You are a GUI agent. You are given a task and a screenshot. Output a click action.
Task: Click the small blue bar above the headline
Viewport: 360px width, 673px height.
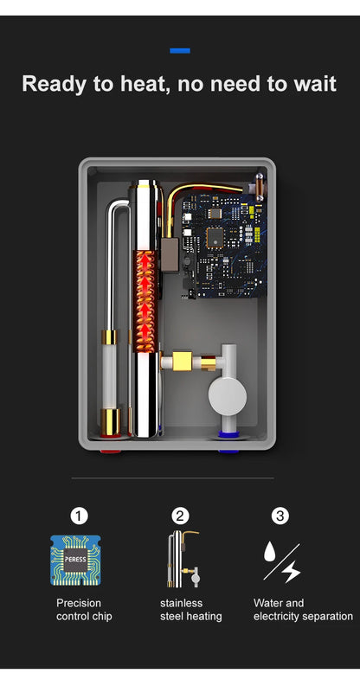pyautogui.click(x=180, y=50)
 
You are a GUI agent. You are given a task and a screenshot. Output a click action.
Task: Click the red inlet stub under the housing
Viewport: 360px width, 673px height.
pyautogui.click(x=110, y=450)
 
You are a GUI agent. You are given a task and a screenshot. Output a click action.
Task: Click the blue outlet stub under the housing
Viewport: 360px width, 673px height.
pyautogui.click(x=228, y=450)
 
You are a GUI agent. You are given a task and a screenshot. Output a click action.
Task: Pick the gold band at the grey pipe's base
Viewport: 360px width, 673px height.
pyautogui.click(x=111, y=421)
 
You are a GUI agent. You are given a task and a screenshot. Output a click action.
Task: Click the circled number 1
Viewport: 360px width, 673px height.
pyautogui.click(x=79, y=516)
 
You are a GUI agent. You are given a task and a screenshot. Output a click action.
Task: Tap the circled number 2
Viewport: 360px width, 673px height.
pyautogui.click(x=180, y=516)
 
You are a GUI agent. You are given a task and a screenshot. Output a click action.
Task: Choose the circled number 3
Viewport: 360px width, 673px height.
pyautogui.click(x=280, y=516)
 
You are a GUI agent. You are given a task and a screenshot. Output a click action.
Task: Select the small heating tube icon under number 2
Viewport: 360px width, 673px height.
pyautogui.click(x=179, y=560)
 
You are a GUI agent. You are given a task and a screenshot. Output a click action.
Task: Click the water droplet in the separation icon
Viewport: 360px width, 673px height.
pyautogui.click(x=271, y=551)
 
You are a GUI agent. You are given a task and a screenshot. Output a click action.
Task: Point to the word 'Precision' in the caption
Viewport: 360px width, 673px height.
pyautogui.click(x=79, y=603)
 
